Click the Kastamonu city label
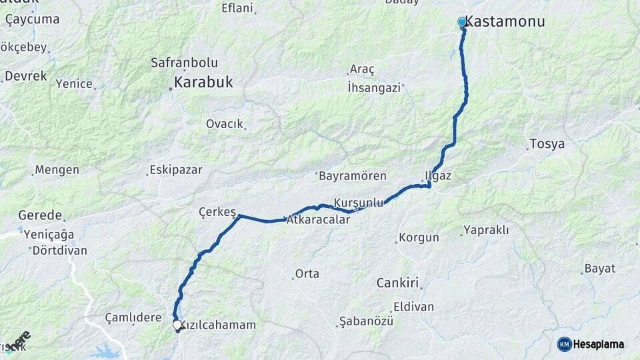504,21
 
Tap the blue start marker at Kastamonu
461,22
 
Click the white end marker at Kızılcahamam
177,325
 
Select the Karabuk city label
203,83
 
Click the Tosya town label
547,144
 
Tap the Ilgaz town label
439,176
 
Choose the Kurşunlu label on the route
359,202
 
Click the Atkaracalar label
318,219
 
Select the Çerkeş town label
217,212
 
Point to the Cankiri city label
397,283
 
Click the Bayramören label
353,176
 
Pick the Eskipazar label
176,169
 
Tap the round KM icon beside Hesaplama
564,344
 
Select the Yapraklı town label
487,230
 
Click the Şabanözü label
366,321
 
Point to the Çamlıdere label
133,318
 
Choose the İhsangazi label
374,87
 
